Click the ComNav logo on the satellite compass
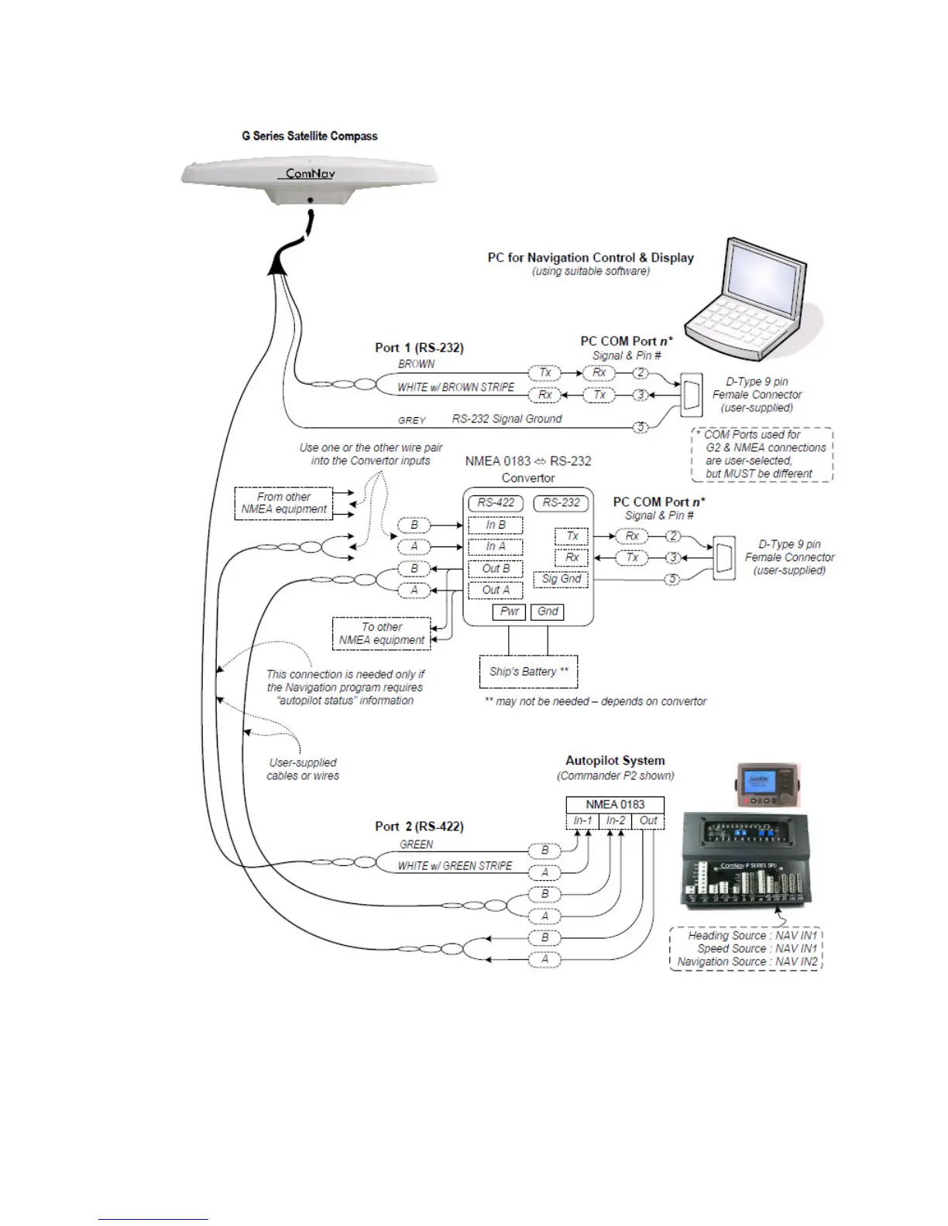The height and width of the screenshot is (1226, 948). (310, 173)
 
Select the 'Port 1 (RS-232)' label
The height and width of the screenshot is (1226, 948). (419, 348)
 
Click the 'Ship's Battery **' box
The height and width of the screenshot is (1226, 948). (528, 671)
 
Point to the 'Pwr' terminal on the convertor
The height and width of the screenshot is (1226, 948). (509, 611)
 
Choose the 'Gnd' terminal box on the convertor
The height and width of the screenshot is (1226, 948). (548, 611)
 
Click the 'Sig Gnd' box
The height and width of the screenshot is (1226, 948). (562, 579)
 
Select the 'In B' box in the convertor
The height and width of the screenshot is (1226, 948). (495, 525)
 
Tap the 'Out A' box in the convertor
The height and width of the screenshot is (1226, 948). (495, 590)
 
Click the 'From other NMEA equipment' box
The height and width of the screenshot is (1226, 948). (283, 503)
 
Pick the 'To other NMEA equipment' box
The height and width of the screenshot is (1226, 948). (382, 633)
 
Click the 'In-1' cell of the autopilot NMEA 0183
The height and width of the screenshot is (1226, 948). (582, 820)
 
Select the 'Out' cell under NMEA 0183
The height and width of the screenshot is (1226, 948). (648, 820)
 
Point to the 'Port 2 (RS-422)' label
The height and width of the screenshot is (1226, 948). (419, 826)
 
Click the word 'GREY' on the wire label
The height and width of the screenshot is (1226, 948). (412, 420)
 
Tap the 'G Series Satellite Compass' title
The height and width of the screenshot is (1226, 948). (310, 136)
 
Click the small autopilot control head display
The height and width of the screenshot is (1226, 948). (756, 781)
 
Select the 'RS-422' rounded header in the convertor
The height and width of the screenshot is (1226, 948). (496, 502)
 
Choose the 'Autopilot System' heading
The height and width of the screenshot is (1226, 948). (615, 760)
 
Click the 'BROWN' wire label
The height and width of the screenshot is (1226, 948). (416, 364)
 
